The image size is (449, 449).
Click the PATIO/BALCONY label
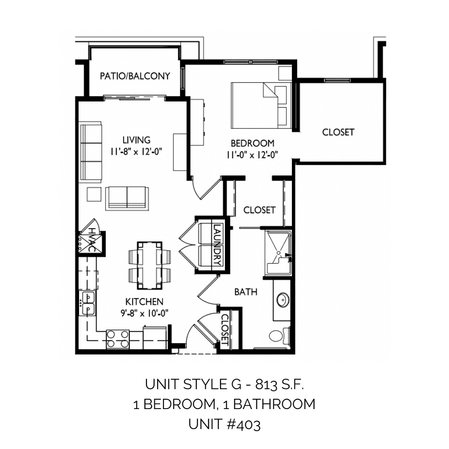[135, 76]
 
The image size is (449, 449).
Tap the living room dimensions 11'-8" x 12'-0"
[136, 151]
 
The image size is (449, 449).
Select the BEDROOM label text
[252, 143]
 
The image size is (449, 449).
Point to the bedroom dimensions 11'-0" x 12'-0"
[252, 155]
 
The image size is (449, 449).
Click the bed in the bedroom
[261, 106]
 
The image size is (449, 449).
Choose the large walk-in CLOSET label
[338, 132]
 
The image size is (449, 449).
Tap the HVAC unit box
[90, 242]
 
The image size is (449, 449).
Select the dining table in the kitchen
[150, 266]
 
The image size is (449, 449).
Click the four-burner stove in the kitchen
[117, 339]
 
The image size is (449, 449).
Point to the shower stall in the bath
[278, 253]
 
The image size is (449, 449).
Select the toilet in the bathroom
[280, 335]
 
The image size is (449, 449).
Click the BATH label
[246, 292]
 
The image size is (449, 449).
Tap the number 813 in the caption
[266, 385]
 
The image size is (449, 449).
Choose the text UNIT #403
[224, 424]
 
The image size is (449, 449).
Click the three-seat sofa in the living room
[91, 152]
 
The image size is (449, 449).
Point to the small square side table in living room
[94, 194]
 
